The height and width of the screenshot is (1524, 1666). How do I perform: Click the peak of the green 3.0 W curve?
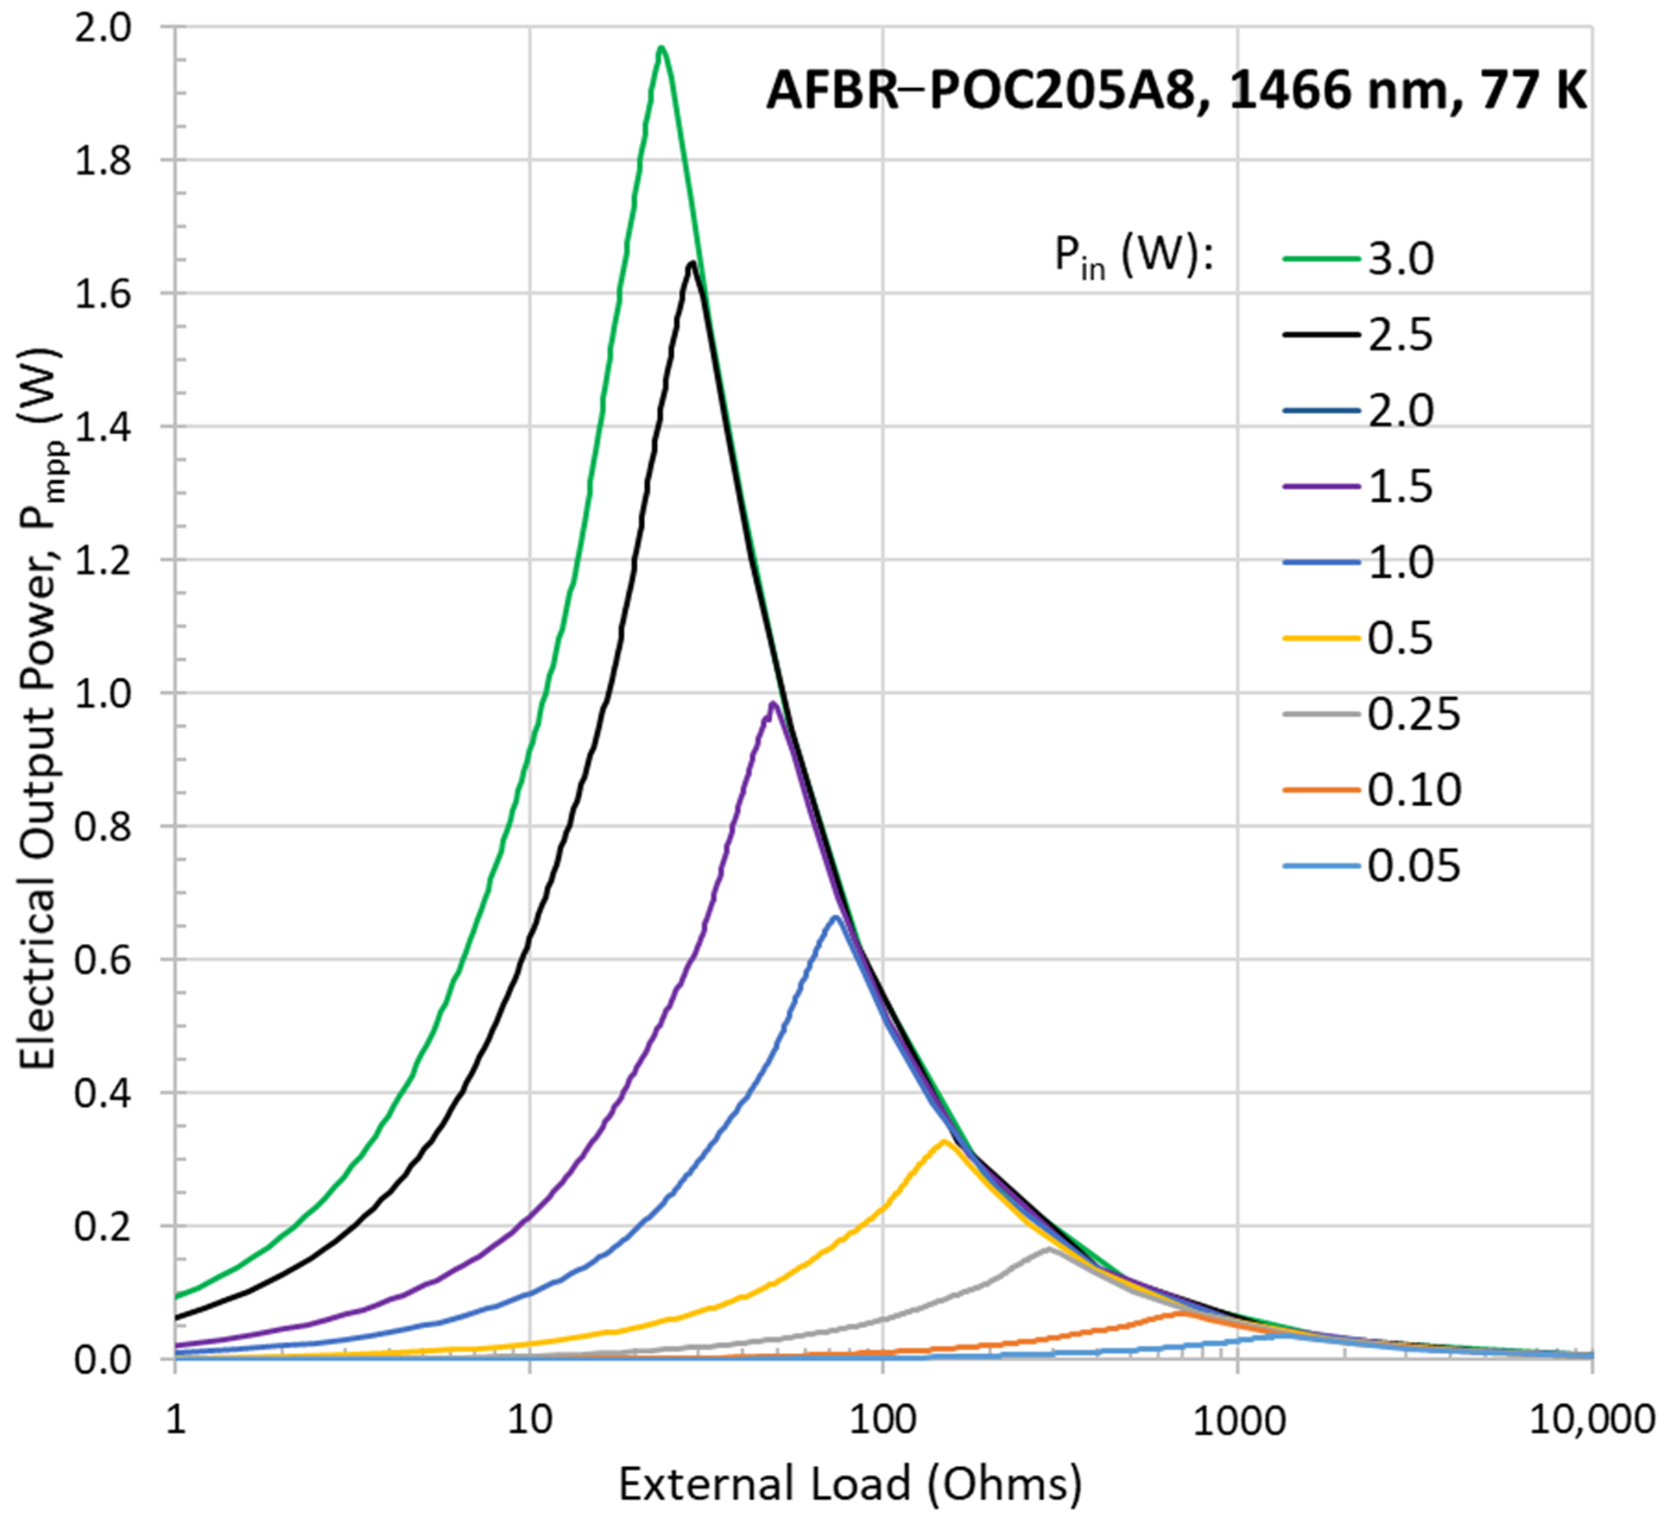(661, 49)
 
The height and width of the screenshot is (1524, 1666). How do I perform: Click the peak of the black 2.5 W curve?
(692, 264)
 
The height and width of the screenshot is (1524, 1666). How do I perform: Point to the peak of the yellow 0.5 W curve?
(944, 1142)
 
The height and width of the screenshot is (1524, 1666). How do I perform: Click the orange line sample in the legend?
(1320, 790)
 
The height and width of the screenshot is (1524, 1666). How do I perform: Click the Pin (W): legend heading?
(1133, 257)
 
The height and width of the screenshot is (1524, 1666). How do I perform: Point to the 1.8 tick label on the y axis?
(103, 161)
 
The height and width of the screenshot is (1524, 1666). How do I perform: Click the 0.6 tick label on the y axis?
(103, 960)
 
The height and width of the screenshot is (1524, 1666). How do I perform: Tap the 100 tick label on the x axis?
(883, 1420)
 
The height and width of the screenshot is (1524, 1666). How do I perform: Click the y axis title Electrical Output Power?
(40, 711)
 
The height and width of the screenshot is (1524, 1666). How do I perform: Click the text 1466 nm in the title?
(1339, 91)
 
